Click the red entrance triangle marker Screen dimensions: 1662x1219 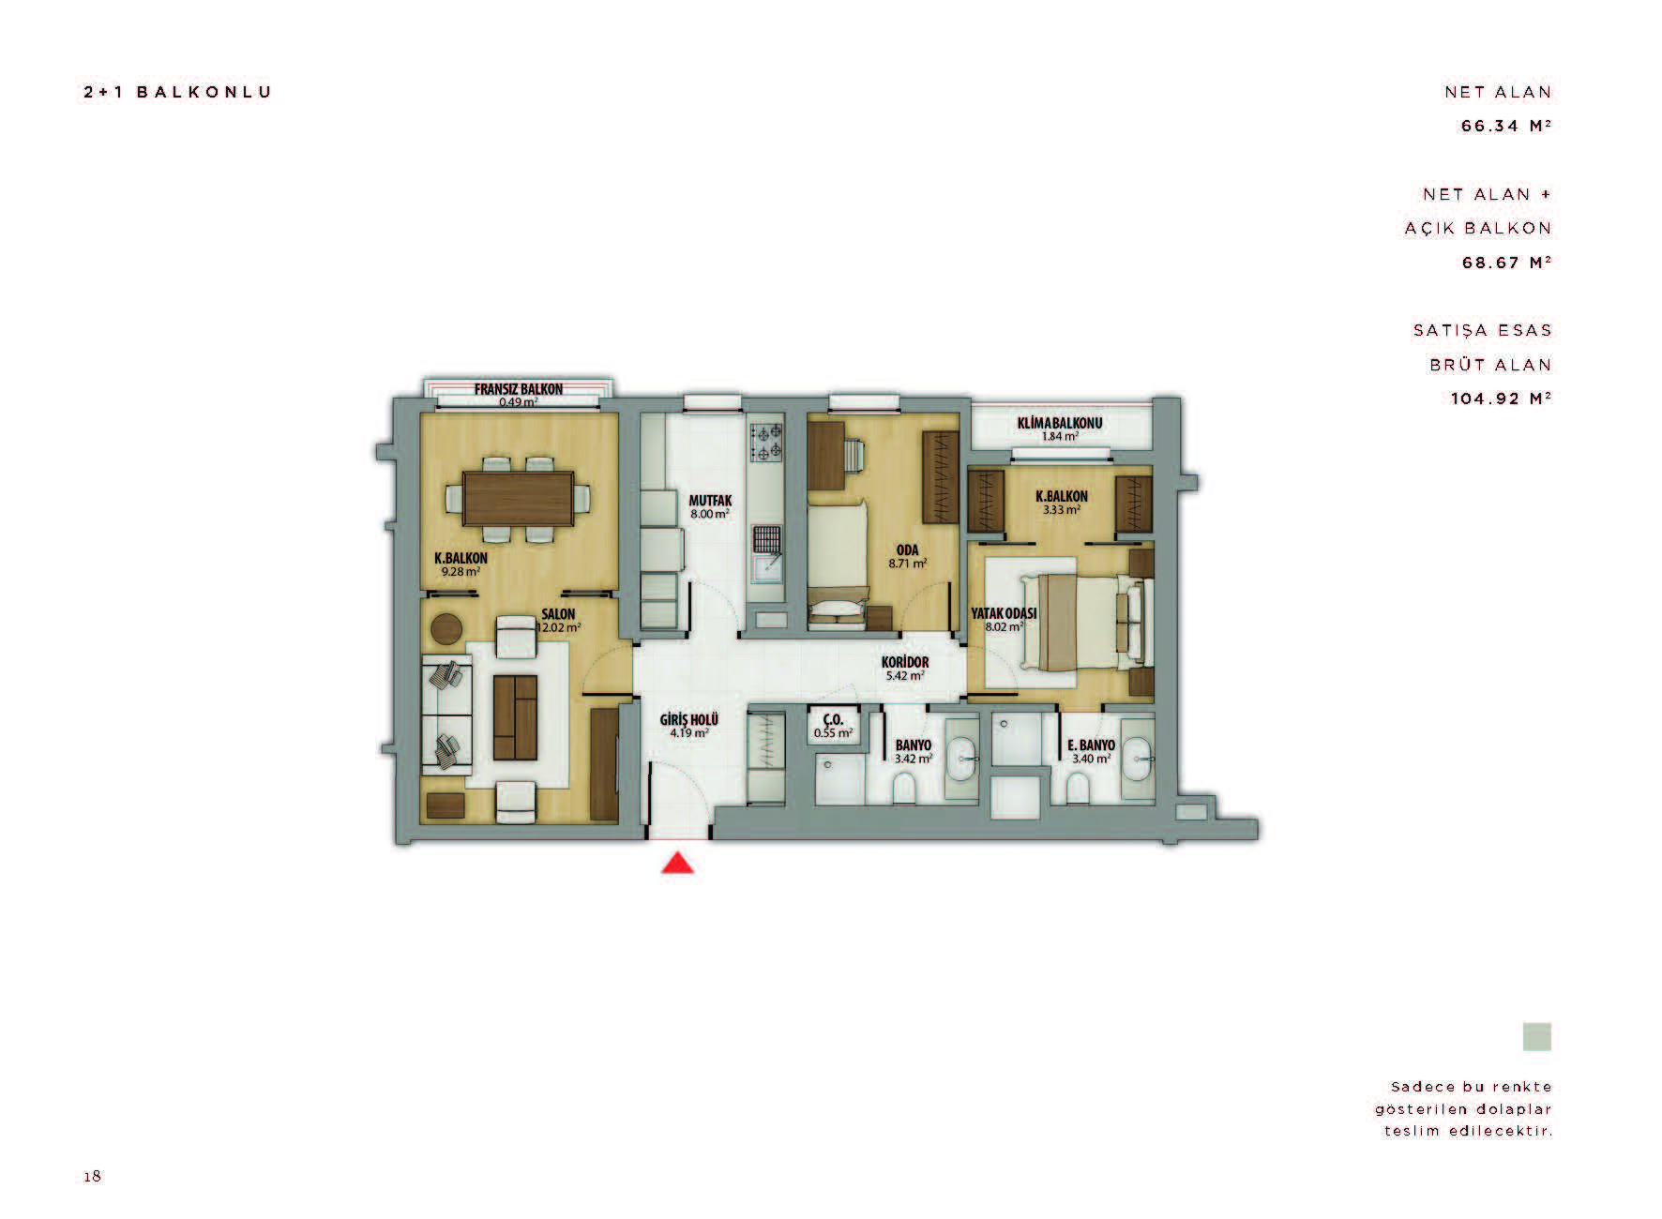677,863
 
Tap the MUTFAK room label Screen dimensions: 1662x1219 710,501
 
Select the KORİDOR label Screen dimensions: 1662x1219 905,662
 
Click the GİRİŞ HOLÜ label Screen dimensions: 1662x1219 689,720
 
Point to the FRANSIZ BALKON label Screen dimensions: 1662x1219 519,389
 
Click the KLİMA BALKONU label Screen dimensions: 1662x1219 1060,423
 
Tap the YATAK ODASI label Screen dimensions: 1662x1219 1004,613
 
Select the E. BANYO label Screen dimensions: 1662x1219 1092,745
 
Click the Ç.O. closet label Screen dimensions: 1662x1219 833,720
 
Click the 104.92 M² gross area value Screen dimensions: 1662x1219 1501,399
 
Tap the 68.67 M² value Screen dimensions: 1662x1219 1506,263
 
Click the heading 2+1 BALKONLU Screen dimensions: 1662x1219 177,92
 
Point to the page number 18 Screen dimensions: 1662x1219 92,1176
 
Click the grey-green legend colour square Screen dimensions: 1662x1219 1536,1037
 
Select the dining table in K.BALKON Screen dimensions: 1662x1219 519,500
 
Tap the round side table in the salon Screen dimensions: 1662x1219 446,627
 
